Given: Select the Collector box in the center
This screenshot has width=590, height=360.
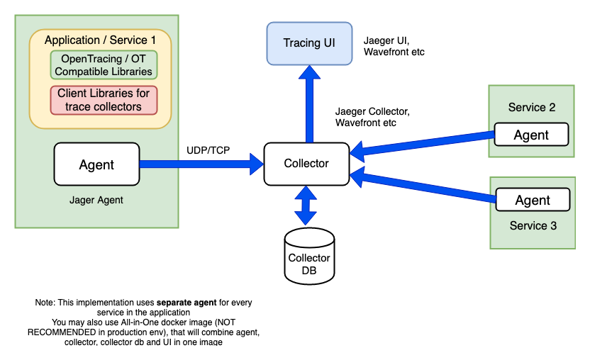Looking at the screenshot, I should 306,164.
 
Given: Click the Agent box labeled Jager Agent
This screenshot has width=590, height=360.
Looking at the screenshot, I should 96,164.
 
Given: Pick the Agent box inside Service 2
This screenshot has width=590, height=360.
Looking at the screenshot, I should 531,135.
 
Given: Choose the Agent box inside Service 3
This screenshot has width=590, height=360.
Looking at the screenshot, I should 533,200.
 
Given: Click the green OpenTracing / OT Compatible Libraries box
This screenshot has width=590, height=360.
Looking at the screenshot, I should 104,64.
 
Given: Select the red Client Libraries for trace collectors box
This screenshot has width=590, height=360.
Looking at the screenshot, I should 104,100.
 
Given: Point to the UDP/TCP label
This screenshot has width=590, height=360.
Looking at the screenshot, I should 208,151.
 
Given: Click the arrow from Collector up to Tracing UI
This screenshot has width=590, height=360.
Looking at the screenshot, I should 308,103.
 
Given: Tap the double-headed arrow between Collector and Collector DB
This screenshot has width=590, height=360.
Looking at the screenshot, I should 306,207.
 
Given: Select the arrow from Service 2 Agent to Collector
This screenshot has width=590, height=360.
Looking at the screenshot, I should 423,142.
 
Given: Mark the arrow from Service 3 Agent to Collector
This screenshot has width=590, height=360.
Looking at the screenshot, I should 423,186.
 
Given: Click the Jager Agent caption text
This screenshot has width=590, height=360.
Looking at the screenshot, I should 96,200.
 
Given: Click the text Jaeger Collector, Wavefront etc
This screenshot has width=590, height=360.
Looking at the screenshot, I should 373,117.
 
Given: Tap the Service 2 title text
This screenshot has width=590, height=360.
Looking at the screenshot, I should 532,108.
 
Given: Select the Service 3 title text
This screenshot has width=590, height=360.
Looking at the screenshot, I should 533,226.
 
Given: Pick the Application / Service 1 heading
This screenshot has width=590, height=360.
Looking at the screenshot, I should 100,40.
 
